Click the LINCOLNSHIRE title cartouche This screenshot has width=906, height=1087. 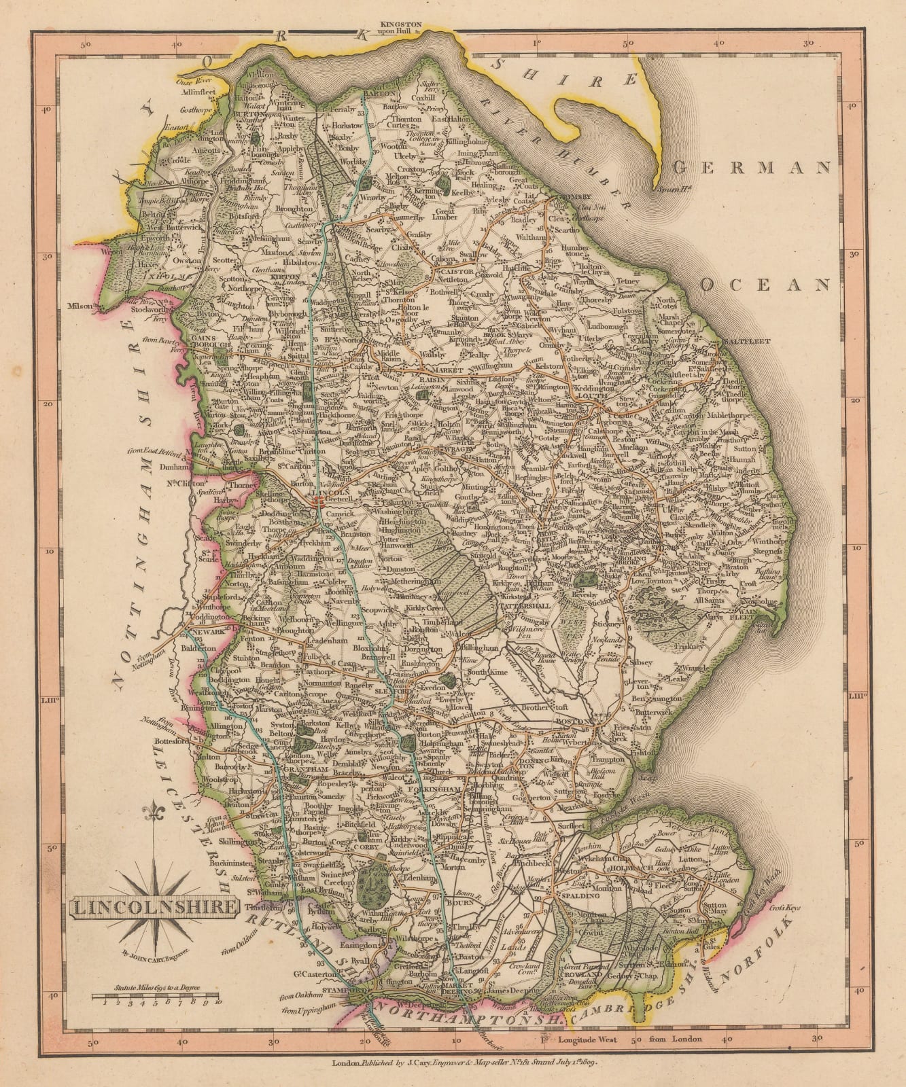click(x=154, y=907)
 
